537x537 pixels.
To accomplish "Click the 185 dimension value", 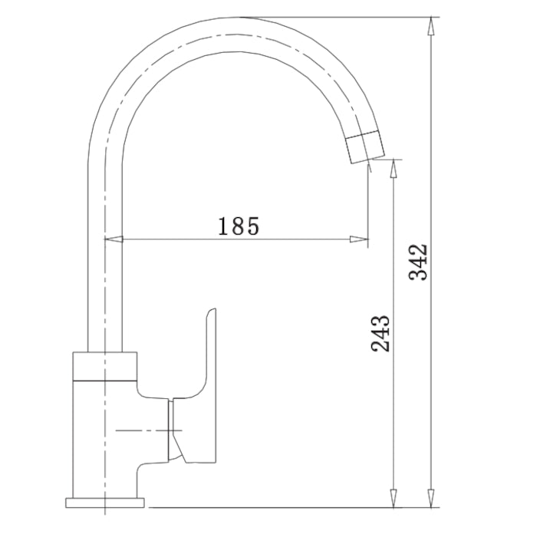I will click(x=239, y=226).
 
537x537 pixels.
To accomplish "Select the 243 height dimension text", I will click(x=381, y=333).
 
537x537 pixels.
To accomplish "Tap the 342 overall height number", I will click(x=419, y=262).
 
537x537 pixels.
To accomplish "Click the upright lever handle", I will click(x=209, y=353).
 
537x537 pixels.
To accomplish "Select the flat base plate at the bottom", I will click(x=105, y=502).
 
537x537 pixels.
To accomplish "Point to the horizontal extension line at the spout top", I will click(x=345, y=16).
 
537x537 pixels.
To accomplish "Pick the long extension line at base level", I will click(x=292, y=507).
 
